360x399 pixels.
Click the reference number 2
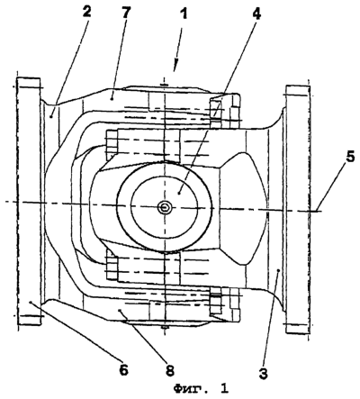(86, 14)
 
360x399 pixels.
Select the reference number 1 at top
(184, 14)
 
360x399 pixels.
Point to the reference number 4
(256, 14)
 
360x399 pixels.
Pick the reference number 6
(123, 369)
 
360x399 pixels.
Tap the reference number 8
(169, 370)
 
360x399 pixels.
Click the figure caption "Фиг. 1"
(202, 388)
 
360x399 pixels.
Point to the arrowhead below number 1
(175, 67)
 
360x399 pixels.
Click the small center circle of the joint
(165, 207)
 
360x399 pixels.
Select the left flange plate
(29, 201)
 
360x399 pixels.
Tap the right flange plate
(298, 210)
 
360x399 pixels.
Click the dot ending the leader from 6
(31, 302)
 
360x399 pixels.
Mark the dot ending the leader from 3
(278, 270)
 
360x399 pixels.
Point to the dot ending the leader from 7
(112, 97)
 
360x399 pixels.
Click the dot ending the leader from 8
(120, 311)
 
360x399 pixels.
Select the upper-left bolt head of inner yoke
(112, 143)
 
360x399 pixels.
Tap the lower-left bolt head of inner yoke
(112, 268)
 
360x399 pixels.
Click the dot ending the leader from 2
(51, 116)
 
